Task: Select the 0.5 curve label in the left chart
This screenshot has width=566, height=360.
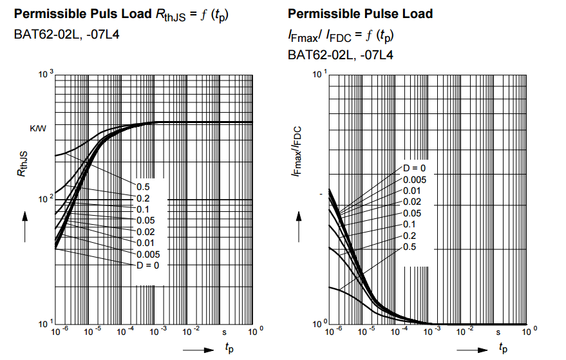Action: pos(142,186)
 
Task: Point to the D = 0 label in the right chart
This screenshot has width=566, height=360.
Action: pos(415,168)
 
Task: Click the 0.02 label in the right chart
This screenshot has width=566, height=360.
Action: pos(411,202)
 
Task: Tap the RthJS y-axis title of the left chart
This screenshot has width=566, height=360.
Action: pos(23,164)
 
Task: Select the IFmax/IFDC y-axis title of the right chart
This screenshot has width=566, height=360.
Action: pos(297,152)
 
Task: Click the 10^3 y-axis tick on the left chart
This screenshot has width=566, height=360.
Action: pos(45,76)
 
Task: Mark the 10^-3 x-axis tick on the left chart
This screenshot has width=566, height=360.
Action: pos(156,332)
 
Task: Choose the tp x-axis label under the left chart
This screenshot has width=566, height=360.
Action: pos(230,348)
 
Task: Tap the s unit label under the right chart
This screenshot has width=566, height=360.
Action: pos(498,332)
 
